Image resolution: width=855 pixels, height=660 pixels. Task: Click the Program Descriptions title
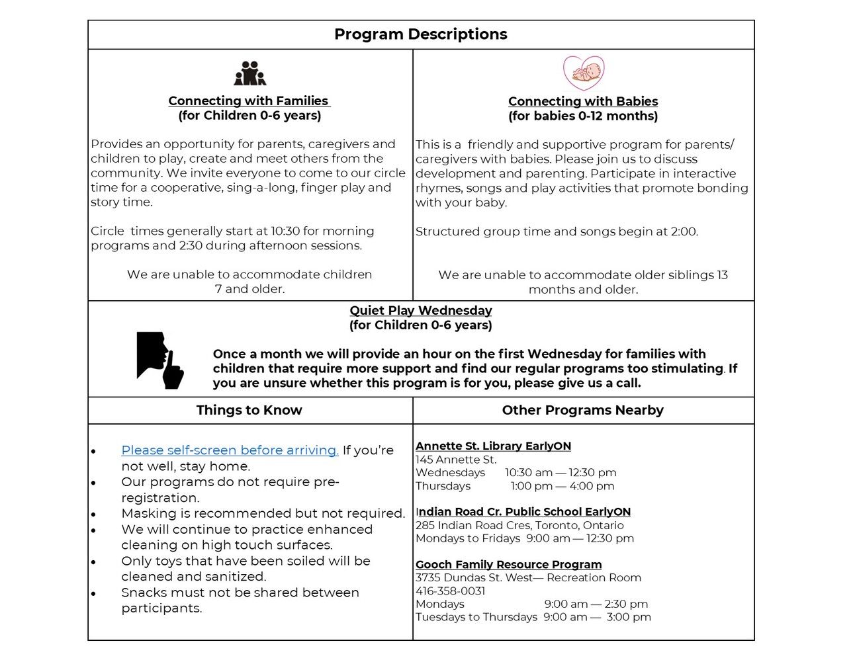420,34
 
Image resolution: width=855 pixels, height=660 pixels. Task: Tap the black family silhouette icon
249,73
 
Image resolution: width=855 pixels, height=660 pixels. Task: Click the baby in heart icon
584,73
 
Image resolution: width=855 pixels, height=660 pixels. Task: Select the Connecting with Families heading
248,101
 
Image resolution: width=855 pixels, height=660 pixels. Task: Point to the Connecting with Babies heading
583,101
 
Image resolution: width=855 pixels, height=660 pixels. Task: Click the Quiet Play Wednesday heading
420,310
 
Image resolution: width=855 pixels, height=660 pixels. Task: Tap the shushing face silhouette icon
159,360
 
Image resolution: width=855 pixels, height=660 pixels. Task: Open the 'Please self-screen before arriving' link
230,450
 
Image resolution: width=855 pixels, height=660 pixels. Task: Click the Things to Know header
249,410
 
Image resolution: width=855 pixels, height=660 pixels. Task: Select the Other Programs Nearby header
582,410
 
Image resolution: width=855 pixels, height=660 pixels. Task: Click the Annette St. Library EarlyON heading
493,446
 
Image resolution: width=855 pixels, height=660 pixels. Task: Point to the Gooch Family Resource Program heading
508,564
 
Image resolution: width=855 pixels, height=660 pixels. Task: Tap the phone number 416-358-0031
450,591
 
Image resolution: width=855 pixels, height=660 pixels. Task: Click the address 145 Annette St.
456,459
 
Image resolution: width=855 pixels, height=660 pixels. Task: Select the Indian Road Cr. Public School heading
523,511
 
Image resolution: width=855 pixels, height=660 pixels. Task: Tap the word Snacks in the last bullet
142,593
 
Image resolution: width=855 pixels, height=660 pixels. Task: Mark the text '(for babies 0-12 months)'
583,116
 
